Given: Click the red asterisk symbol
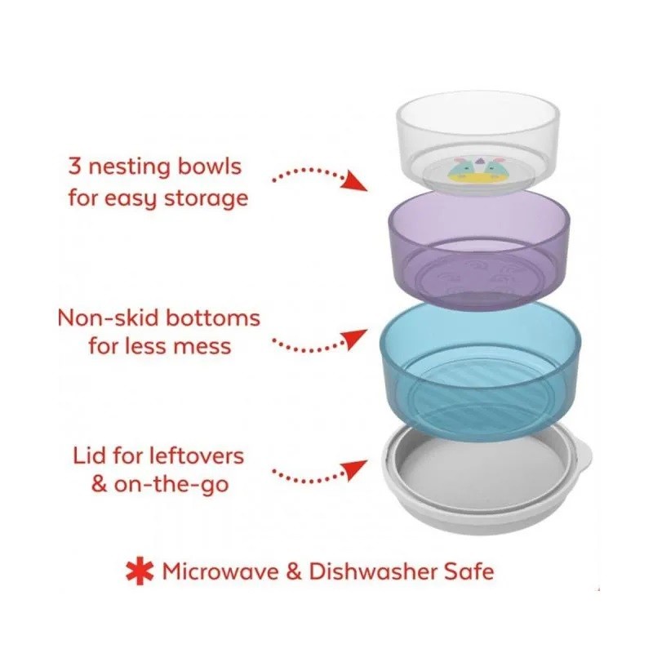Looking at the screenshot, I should pos(140,571).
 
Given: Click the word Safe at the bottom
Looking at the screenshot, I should pos(469,571).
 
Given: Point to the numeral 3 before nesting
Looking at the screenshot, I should pos(74,167).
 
